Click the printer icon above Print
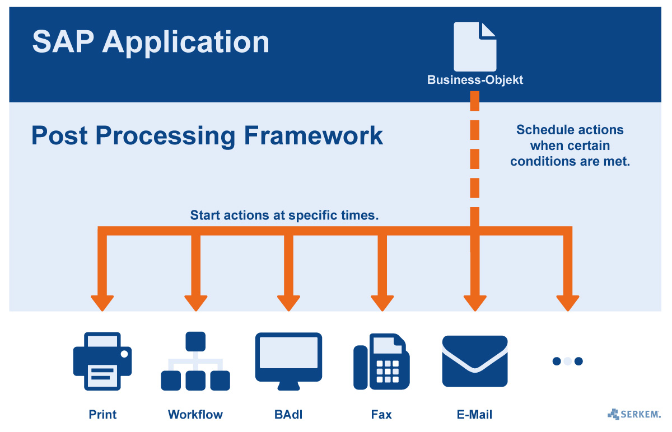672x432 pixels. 102,360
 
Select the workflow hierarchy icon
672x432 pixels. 195,361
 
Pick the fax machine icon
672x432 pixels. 381,361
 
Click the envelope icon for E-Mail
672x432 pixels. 475,361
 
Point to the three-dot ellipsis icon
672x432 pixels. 567,361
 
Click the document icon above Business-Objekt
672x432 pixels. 475,46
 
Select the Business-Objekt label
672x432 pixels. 475,80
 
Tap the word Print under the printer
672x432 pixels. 102,415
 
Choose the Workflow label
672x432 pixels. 195,415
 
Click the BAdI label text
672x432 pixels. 288,415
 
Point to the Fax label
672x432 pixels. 381,415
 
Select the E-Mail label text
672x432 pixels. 475,415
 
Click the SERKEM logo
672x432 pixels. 634,414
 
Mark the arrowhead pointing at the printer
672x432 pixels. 102,302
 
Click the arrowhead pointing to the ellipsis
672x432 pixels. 567,302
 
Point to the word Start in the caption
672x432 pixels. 205,215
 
